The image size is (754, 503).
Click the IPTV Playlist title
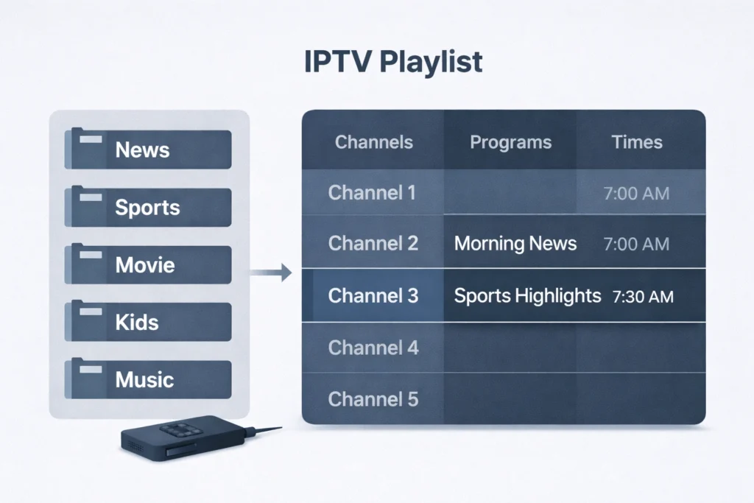393,63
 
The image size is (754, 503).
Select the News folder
149,150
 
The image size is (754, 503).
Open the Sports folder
149,208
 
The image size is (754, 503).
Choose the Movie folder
149,265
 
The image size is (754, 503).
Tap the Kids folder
149,323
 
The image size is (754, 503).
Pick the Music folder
149,380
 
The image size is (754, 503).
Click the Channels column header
374,142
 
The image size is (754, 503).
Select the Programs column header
510,142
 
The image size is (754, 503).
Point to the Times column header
637,142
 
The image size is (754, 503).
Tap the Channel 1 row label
373,193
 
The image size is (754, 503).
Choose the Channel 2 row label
373,243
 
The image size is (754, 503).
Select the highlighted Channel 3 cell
373,296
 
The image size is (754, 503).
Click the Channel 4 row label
373,347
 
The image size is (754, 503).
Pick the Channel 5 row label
373,399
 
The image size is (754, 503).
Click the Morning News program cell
515,243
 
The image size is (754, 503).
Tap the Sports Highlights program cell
527,296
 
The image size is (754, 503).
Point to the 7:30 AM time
643,297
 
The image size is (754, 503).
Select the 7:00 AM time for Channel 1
636,194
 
